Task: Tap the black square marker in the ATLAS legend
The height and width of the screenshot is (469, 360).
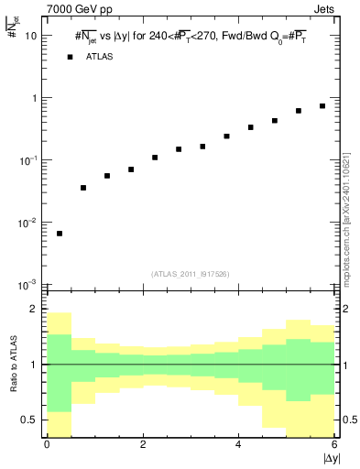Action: pos(69,57)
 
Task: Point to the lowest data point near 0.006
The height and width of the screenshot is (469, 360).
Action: pos(60,234)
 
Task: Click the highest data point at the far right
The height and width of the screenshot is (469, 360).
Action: pos(322,106)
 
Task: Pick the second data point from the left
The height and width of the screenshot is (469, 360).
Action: pos(83,188)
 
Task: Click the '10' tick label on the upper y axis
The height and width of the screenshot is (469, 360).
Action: pos(31,36)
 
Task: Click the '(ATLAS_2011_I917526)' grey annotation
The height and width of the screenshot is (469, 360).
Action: pos(190,274)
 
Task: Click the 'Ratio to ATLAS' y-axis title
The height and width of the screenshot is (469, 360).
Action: pos(12,365)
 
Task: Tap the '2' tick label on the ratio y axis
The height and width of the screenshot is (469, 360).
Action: pos(34,310)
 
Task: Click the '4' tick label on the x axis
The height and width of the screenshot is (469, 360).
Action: pos(238,444)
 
